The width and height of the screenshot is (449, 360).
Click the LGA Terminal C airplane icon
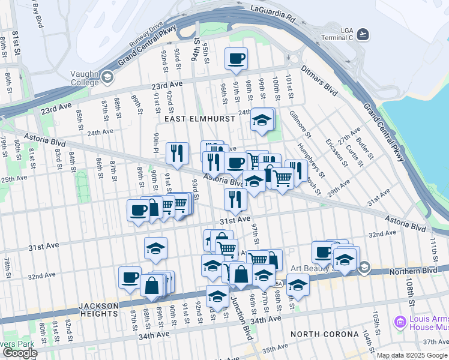(362, 34)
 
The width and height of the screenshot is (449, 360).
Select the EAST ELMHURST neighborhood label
(190, 119)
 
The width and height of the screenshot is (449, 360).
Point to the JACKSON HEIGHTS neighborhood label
(98, 309)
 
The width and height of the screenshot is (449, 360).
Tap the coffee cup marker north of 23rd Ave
(236, 59)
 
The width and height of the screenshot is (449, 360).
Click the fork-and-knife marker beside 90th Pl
(177, 153)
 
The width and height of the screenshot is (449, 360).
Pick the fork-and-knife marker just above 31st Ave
(235, 200)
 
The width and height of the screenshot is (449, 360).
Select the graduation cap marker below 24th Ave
(262, 120)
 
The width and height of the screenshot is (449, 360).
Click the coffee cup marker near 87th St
(130, 278)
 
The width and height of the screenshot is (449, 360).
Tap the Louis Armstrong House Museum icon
(400, 323)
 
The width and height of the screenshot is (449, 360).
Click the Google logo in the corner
(20, 353)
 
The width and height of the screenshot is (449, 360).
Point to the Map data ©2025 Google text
(412, 355)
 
